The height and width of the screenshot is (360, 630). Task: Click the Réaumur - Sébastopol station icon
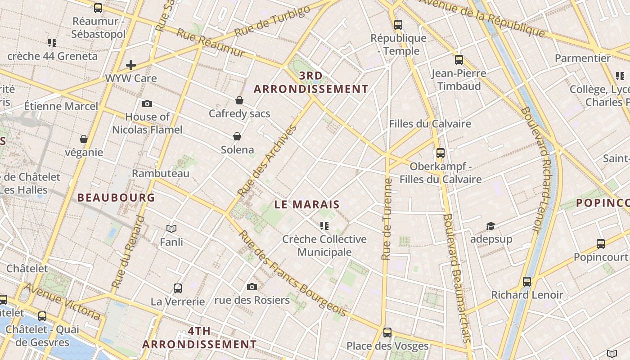[x=98, y=8]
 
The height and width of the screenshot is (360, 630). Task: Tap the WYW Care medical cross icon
[x=131, y=65]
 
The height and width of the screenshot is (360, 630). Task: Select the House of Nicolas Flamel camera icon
[x=147, y=104]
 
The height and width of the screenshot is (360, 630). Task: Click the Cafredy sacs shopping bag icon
[x=239, y=100]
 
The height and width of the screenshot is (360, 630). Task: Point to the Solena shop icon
[x=237, y=136]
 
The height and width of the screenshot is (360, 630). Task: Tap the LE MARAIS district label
[x=307, y=204]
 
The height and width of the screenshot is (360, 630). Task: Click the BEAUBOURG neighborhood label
[x=116, y=197]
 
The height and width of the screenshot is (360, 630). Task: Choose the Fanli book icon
[x=171, y=229]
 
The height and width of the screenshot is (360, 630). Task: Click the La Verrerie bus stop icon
[x=178, y=288]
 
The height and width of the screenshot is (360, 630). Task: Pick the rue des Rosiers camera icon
[x=252, y=287]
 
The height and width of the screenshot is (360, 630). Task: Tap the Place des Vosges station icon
[x=387, y=333]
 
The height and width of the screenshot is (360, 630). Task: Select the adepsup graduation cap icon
[x=491, y=226]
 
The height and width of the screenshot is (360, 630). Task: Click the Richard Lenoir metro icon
[x=527, y=282]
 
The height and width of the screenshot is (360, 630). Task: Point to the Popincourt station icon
[x=601, y=244]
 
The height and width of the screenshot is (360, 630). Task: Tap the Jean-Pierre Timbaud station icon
[x=459, y=59]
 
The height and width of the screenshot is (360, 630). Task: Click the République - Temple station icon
[x=398, y=25]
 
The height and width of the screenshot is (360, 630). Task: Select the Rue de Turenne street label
[x=386, y=219]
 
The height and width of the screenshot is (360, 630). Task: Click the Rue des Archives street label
[x=268, y=161]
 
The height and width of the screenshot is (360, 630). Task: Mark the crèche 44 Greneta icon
[x=52, y=43]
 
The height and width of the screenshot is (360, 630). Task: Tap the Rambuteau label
[x=161, y=173]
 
